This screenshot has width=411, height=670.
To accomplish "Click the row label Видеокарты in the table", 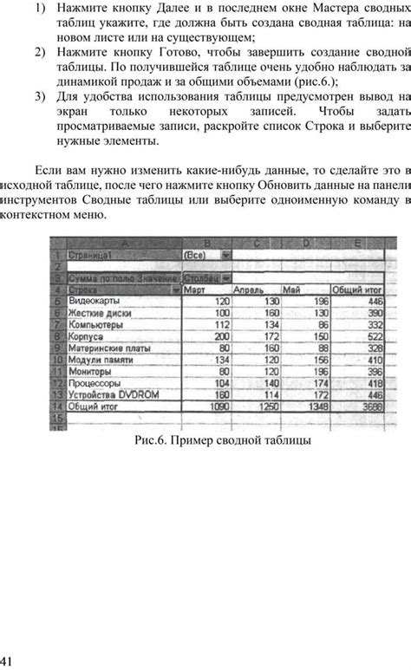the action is pos(94,300).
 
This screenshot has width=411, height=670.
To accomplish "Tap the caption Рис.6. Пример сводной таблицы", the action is pos(223,441).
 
